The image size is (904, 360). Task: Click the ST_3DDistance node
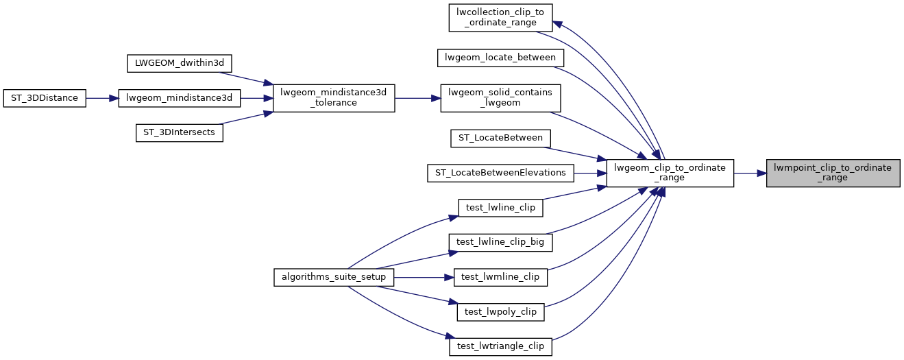coord(45,98)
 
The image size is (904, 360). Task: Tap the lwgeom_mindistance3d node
coord(180,98)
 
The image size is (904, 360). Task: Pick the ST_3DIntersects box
coord(180,132)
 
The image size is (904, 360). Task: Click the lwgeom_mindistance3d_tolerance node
coord(334,98)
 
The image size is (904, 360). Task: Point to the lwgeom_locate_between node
coord(500,58)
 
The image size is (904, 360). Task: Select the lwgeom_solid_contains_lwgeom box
coord(500,98)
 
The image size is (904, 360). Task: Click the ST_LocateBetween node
coord(500,139)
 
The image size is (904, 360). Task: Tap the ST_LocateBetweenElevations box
coord(500,173)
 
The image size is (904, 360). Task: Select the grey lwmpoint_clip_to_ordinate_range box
coord(833,173)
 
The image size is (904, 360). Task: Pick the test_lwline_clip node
coord(500,208)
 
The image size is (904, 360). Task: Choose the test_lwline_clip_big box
coord(500,242)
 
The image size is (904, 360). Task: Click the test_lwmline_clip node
coord(500,277)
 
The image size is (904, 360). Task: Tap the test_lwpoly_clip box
coord(500,311)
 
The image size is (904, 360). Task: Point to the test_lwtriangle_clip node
coord(500,346)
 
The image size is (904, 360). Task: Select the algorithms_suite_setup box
coord(334,277)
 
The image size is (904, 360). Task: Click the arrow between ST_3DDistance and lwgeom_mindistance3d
coord(103,98)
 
